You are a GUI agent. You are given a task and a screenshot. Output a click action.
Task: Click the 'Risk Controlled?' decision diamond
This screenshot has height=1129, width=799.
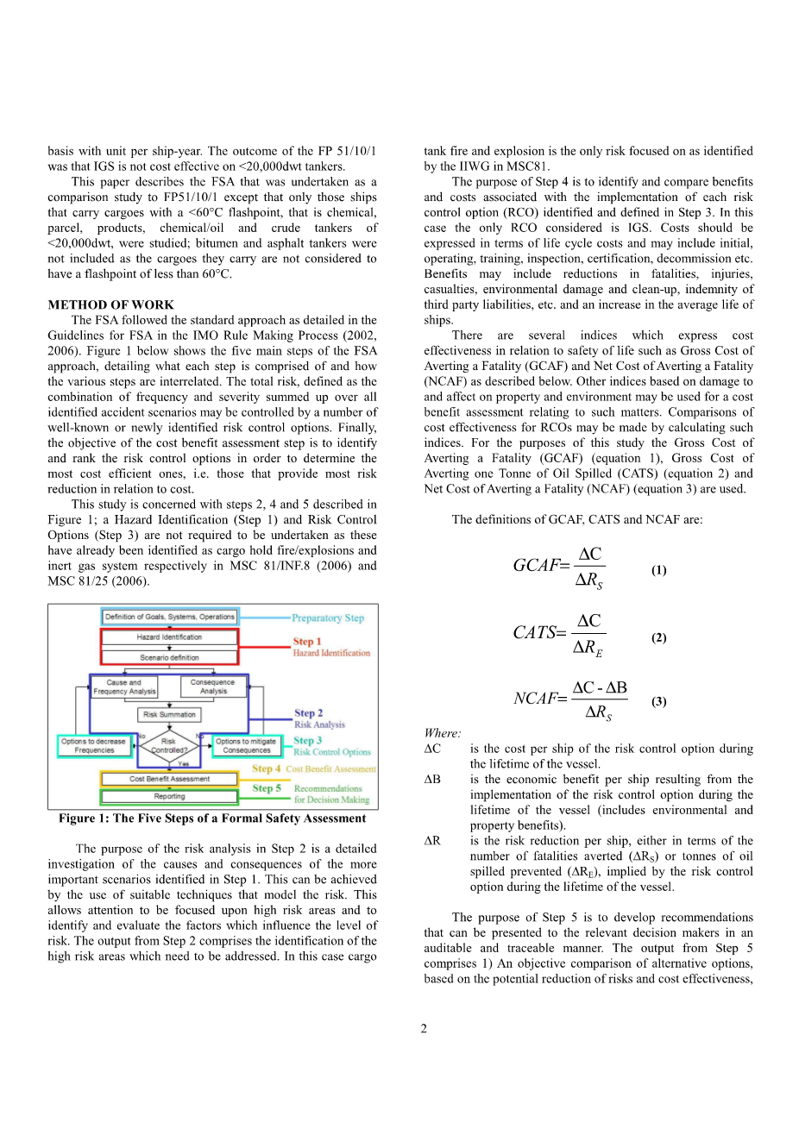[x=169, y=745]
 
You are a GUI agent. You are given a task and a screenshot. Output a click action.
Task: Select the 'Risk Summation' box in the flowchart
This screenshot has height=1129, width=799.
[x=169, y=714]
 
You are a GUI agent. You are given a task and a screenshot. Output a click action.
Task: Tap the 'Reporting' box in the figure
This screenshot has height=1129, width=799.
[x=169, y=796]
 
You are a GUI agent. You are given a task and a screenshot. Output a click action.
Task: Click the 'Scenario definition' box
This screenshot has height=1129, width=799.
[x=169, y=657]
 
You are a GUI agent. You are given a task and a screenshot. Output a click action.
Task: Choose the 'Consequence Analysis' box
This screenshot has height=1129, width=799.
[x=213, y=687]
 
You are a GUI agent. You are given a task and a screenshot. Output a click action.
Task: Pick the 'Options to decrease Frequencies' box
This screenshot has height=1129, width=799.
[x=94, y=745]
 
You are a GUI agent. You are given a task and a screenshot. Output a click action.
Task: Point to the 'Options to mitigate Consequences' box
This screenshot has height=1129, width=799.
[x=246, y=745]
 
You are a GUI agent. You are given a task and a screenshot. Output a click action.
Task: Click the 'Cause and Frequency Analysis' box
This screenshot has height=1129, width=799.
[x=124, y=687]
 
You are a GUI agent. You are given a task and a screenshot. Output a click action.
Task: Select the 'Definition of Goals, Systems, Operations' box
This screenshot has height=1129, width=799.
[x=169, y=617]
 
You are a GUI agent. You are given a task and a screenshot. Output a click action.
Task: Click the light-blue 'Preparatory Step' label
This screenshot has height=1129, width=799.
[x=328, y=618]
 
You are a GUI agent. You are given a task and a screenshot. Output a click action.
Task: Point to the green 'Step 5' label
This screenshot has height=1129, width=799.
[x=267, y=788]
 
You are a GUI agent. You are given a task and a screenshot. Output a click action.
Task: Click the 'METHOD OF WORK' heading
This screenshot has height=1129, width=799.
[x=110, y=304]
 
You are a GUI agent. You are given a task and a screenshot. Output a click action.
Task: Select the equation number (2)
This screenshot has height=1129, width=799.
[x=658, y=637]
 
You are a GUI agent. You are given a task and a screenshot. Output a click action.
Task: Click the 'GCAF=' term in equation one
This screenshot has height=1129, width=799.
[x=541, y=566]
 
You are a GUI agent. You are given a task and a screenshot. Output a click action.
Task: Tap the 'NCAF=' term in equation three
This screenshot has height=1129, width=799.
[x=540, y=699]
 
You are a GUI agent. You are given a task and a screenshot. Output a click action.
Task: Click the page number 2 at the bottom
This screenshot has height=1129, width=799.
[x=424, y=1028]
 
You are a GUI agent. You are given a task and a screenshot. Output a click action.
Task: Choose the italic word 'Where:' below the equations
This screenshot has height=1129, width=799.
[x=443, y=733]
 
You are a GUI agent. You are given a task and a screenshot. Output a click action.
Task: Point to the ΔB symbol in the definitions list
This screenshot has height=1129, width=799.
[x=432, y=780]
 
